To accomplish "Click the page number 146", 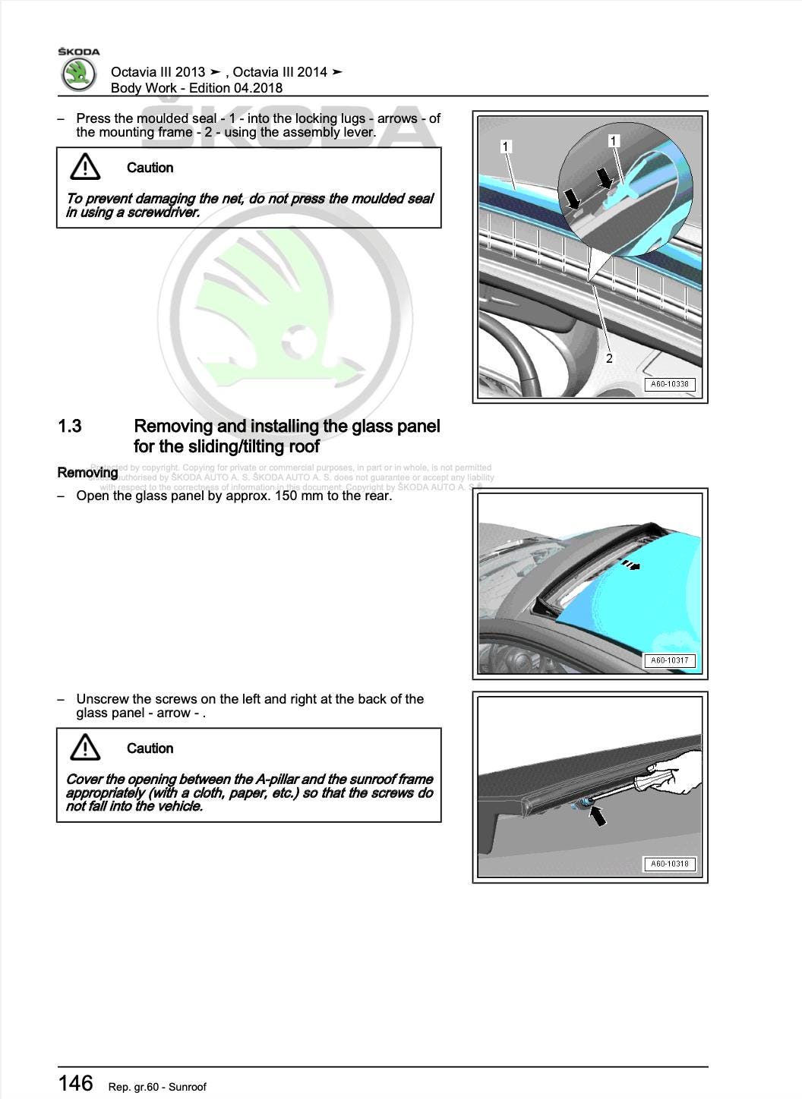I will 76,1083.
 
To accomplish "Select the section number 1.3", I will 70,427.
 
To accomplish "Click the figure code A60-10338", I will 669,384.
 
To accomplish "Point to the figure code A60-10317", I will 669,660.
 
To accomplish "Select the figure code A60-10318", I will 669,864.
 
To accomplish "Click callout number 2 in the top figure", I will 609,358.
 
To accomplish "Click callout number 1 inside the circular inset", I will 614,140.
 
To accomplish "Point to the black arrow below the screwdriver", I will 598,816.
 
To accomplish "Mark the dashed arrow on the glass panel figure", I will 630,565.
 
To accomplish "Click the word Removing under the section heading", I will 87,473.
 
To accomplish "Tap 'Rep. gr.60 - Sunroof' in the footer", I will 157,1087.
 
